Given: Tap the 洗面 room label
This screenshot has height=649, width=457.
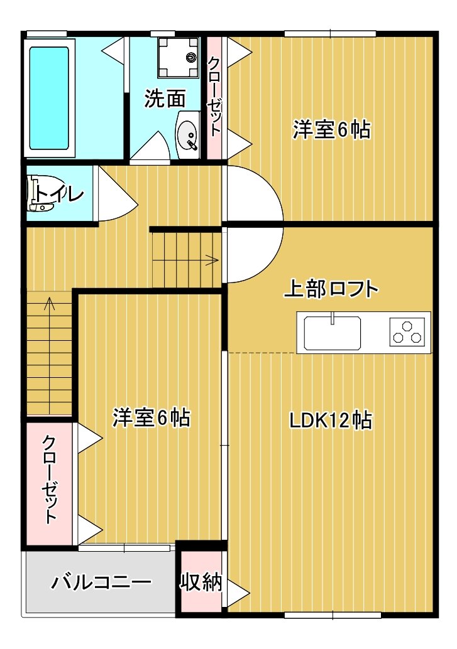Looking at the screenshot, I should pyautogui.click(x=165, y=99).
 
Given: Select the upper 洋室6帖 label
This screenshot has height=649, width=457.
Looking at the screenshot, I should pyautogui.click(x=331, y=130).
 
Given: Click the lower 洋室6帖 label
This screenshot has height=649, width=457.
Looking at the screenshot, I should pyautogui.click(x=151, y=418).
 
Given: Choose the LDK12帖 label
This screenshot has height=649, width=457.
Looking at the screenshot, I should pyautogui.click(x=331, y=420).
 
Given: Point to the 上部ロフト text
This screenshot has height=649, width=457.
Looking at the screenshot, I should pyautogui.click(x=332, y=289).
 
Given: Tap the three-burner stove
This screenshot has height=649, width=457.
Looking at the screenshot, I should pyautogui.click(x=406, y=333).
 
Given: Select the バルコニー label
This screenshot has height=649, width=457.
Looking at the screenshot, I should pyautogui.click(x=101, y=582).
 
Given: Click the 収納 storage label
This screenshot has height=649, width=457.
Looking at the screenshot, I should pyautogui.click(x=202, y=582).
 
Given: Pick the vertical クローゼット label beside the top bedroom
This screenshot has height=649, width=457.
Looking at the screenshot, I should pyautogui.click(x=214, y=97).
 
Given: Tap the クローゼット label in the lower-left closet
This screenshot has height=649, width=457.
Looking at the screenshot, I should pyautogui.click(x=50, y=480).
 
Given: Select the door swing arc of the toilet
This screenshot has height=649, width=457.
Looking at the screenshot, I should pyautogui.click(x=116, y=195).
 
